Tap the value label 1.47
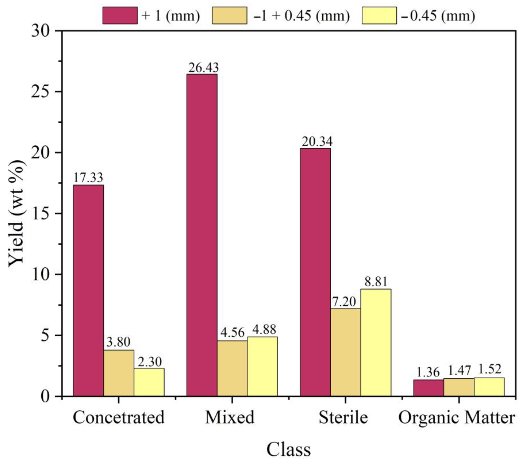click(x=459, y=371)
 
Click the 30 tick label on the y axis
click(x=42, y=31)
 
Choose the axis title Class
click(x=289, y=449)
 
